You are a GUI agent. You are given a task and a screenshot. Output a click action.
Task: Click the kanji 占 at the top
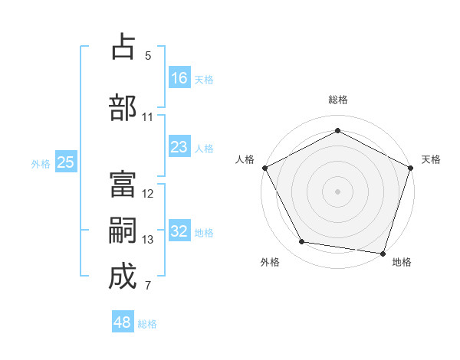pos(123,47)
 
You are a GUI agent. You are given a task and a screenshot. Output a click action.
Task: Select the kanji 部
pos(123,107)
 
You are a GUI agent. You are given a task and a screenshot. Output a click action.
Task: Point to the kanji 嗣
pos(123,230)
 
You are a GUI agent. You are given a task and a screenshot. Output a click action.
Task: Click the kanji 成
pos(123,277)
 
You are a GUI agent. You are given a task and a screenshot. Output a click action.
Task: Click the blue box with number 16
pos(179,77)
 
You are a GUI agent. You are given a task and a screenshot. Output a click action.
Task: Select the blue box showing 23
pos(179,147)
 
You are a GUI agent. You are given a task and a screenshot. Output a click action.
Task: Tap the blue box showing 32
pos(179,231)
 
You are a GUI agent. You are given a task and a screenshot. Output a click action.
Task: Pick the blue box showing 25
pos(66,162)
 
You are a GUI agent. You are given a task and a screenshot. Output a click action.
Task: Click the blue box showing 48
pos(123,322)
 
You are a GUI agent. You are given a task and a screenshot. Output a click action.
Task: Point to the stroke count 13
pos(148,240)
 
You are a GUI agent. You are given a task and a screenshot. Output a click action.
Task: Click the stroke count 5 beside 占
pos(148,56)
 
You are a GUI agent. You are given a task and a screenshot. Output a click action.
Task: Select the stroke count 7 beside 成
pos(148,286)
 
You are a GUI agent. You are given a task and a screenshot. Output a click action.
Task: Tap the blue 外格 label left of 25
pos(41,163)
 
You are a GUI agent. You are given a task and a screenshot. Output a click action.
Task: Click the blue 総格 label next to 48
pos(147,324)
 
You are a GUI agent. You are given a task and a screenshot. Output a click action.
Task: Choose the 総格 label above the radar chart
pos(337,100)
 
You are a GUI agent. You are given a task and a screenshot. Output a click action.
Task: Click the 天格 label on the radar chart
pos(431,159)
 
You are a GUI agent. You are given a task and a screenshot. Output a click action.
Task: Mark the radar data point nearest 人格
pos(265,168)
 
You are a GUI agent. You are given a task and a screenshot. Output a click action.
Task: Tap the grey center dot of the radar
pos(337,191)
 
